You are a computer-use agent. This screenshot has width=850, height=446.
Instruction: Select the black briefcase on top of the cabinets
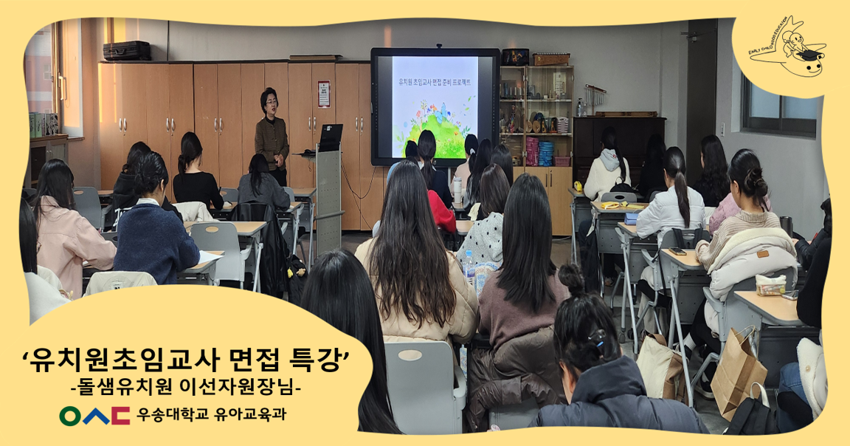pyautogui.click(x=126, y=51)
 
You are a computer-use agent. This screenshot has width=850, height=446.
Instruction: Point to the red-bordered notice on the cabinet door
pyautogui.click(x=323, y=94)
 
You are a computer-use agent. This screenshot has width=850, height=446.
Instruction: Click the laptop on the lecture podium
pyautogui.click(x=328, y=137)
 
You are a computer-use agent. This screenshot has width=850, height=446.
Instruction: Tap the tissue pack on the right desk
pyautogui.click(x=770, y=285)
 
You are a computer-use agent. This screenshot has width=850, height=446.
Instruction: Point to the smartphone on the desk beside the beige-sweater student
pyautogui.click(x=677, y=251)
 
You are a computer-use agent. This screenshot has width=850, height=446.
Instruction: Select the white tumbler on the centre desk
pyautogui.click(x=457, y=191)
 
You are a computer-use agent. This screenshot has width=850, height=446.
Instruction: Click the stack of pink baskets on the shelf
pyautogui.click(x=532, y=151)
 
